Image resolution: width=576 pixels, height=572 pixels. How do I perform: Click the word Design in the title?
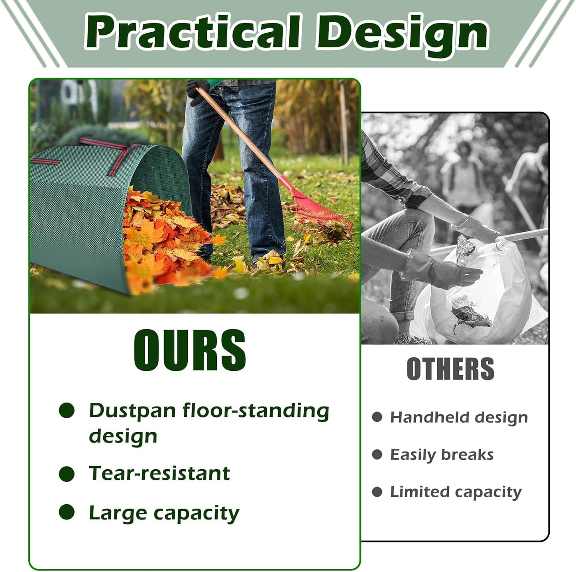tap(403, 34)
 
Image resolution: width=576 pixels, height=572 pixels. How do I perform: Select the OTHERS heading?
tap(450, 369)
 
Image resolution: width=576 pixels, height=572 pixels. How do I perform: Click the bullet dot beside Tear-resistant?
tap(67, 474)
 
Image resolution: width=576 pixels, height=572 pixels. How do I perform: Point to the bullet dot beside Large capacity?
tap(67, 512)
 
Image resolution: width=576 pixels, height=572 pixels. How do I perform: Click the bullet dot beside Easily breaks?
tap(377, 454)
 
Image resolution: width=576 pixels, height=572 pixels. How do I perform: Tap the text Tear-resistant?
tap(159, 474)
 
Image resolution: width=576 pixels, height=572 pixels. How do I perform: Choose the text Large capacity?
tap(164, 513)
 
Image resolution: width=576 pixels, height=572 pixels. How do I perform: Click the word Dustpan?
tap(132, 411)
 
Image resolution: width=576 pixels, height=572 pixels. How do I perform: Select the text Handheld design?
tap(459, 417)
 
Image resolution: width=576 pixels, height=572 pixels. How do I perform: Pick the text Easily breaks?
tap(442, 454)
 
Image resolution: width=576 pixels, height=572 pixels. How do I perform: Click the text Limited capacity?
tap(456, 492)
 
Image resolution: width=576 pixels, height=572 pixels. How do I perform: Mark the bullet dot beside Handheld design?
tap(377, 417)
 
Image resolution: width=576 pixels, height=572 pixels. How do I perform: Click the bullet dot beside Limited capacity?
tap(377, 492)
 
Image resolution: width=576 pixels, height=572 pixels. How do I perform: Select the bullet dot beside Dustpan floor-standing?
tap(67, 411)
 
